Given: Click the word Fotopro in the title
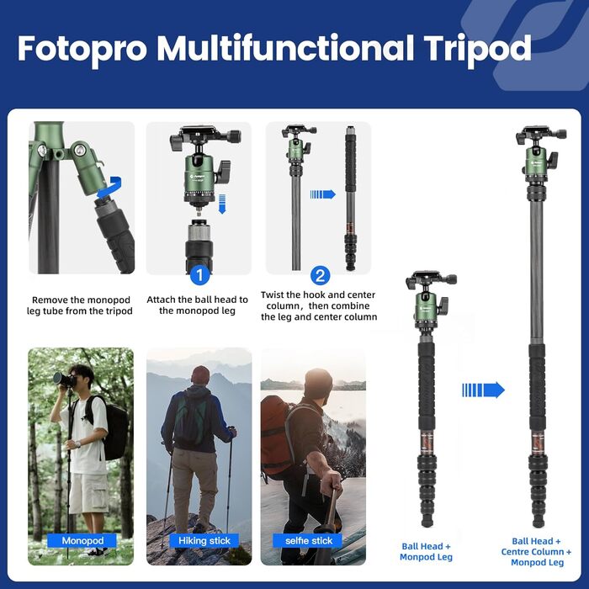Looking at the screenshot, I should pyautogui.click(x=82, y=49).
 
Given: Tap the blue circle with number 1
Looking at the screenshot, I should pyautogui.click(x=199, y=274).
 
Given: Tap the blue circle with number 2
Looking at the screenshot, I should pyautogui.click(x=320, y=274).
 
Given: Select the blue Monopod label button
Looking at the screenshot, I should pyautogui.click(x=82, y=540).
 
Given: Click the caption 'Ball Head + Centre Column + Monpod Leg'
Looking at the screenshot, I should pyautogui.click(x=537, y=551).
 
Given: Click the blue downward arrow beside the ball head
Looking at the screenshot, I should pyautogui.click(x=224, y=203).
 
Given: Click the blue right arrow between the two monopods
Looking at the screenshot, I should pyautogui.click(x=483, y=390).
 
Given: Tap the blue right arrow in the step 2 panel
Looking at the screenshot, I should pyautogui.click(x=322, y=194).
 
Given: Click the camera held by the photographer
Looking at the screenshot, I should pyautogui.click(x=64, y=379).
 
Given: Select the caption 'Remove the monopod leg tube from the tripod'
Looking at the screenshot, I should pyautogui.click(x=82, y=305).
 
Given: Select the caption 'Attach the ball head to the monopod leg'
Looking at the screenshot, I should pyautogui.click(x=198, y=305).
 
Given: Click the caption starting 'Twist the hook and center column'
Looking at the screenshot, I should pyautogui.click(x=319, y=305).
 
